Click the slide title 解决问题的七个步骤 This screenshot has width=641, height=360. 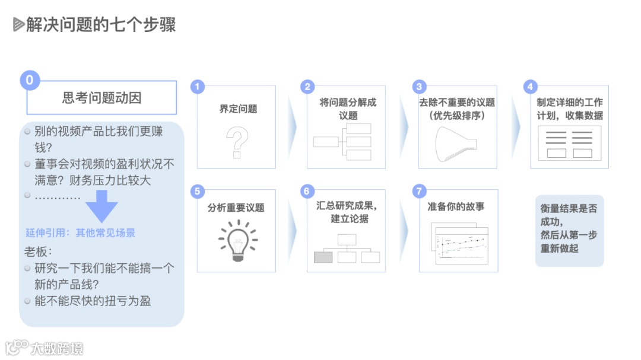click(100, 25)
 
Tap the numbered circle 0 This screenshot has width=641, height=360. click(30, 80)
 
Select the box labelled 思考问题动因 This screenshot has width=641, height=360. click(101, 98)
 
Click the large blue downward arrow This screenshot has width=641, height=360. click(101, 209)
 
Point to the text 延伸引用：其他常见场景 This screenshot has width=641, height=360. click(80, 233)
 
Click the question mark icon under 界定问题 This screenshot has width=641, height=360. click(237, 142)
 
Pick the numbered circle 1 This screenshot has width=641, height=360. click(197, 87)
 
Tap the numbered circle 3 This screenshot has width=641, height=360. click(419, 87)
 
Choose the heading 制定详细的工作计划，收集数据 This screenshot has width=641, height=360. click(569, 109)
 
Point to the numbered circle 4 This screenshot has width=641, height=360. click(530, 87)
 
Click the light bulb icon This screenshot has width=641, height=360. click(237, 241)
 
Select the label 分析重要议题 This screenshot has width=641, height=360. click(236, 208)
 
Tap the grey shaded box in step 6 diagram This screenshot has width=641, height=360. click(323, 257)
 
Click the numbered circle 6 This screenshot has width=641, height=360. click(307, 191)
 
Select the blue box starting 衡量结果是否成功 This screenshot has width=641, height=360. click(569, 230)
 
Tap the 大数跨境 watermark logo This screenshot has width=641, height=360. click(45, 348)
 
